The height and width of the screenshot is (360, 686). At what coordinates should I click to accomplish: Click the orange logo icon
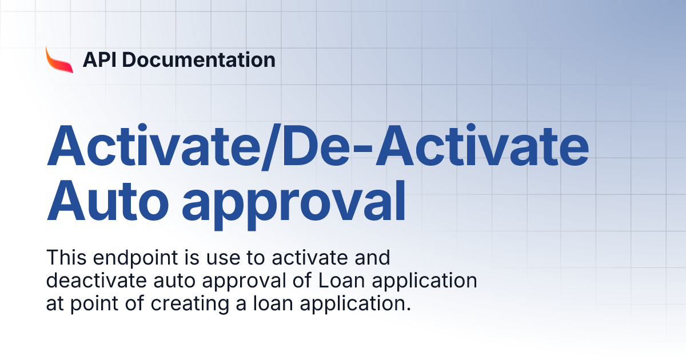point(59,59)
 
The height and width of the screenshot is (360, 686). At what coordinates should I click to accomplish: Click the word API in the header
point(98,59)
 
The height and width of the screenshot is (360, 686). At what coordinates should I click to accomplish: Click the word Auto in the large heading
point(105,203)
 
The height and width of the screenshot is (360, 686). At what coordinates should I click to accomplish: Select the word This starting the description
point(63,258)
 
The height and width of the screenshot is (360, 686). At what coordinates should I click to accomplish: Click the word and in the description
point(372,258)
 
